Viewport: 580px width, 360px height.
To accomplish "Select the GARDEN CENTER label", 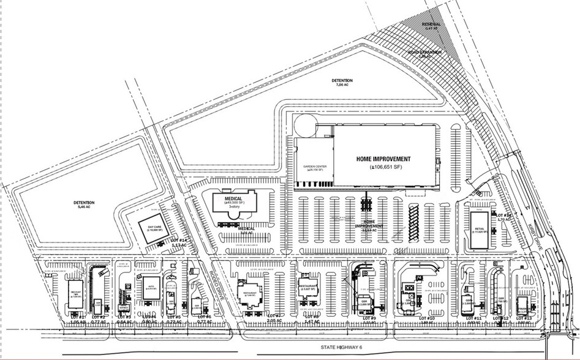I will click(313, 167).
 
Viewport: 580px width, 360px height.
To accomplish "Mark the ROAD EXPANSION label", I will click(425, 53).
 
